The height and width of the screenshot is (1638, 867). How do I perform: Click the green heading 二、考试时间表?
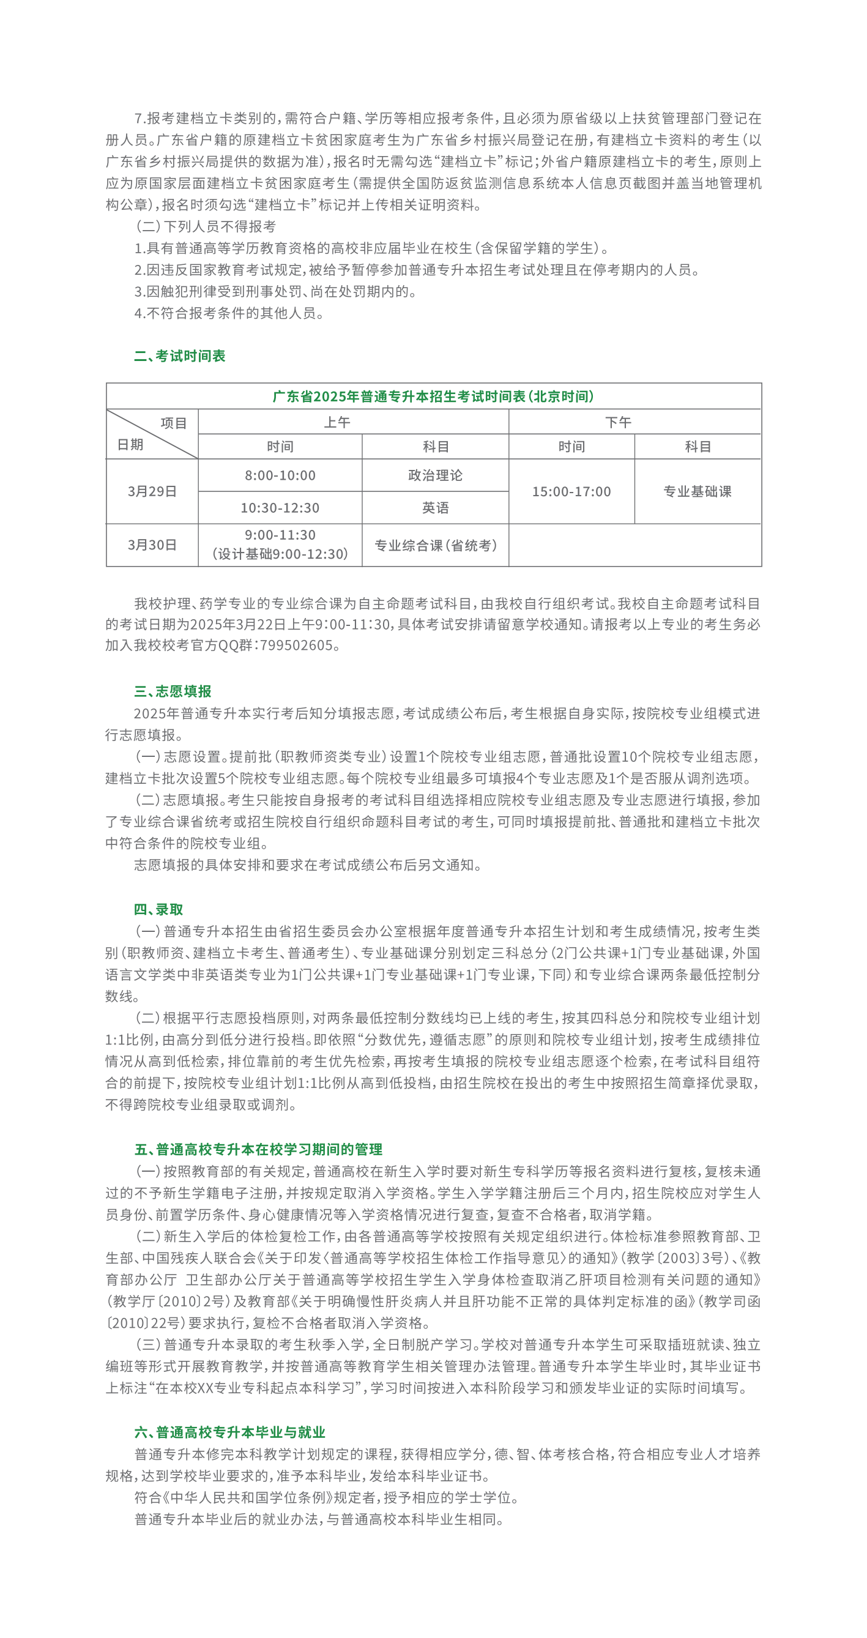(x=179, y=356)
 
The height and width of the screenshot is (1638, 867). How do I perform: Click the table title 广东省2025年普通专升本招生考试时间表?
(x=433, y=396)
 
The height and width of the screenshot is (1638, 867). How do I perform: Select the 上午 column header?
(x=337, y=422)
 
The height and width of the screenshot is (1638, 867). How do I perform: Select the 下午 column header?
(x=618, y=422)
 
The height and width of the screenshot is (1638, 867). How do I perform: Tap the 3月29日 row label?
(x=152, y=491)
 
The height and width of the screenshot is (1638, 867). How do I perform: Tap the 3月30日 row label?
(x=152, y=545)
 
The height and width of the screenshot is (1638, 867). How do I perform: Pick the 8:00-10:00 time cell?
(x=280, y=475)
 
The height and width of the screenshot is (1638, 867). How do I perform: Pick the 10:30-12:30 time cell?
(x=280, y=508)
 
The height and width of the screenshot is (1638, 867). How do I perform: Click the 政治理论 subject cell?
(x=436, y=475)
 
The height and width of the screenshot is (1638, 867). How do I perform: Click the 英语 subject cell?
(x=436, y=508)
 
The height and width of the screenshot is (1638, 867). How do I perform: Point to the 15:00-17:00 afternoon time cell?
(x=571, y=491)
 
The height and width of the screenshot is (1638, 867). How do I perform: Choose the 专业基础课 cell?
(x=698, y=491)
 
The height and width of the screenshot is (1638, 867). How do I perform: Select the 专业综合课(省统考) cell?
(x=436, y=546)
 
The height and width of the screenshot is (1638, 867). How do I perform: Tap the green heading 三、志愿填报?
(x=173, y=691)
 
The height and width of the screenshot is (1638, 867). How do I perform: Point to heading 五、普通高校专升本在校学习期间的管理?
(x=258, y=1150)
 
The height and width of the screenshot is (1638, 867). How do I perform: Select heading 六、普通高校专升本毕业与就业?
(x=229, y=1432)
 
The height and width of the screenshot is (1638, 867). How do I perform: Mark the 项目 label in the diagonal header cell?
(x=174, y=423)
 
